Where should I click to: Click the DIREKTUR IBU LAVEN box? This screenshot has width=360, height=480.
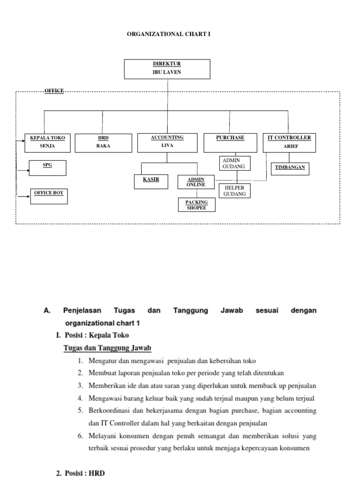tap(167, 69)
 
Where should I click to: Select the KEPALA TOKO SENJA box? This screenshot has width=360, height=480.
tap(47, 143)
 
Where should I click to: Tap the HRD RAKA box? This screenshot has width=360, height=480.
tap(102, 143)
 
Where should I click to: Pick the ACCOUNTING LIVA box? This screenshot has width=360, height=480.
tap(167, 142)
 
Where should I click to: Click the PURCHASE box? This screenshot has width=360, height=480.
tap(230, 142)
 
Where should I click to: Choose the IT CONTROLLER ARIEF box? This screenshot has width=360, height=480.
tap(289, 142)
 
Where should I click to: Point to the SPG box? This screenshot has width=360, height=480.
tap(47, 168)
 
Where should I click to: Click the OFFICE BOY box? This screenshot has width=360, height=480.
tap(49, 196)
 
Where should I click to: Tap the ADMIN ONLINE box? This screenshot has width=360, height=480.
tap(196, 182)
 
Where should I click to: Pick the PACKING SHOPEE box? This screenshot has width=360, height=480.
tap(196, 205)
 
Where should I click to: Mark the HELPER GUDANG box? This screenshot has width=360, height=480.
tap(235, 191)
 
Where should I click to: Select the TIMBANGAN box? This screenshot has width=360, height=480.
tap(290, 168)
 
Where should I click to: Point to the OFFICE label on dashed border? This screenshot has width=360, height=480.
tap(54, 90)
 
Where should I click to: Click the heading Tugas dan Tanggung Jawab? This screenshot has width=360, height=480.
tap(107, 348)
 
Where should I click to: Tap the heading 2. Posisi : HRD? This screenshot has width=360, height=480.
tap(80, 473)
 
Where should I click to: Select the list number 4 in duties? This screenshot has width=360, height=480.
tap(80, 398)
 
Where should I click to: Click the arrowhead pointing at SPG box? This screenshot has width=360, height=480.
tap(27, 167)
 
